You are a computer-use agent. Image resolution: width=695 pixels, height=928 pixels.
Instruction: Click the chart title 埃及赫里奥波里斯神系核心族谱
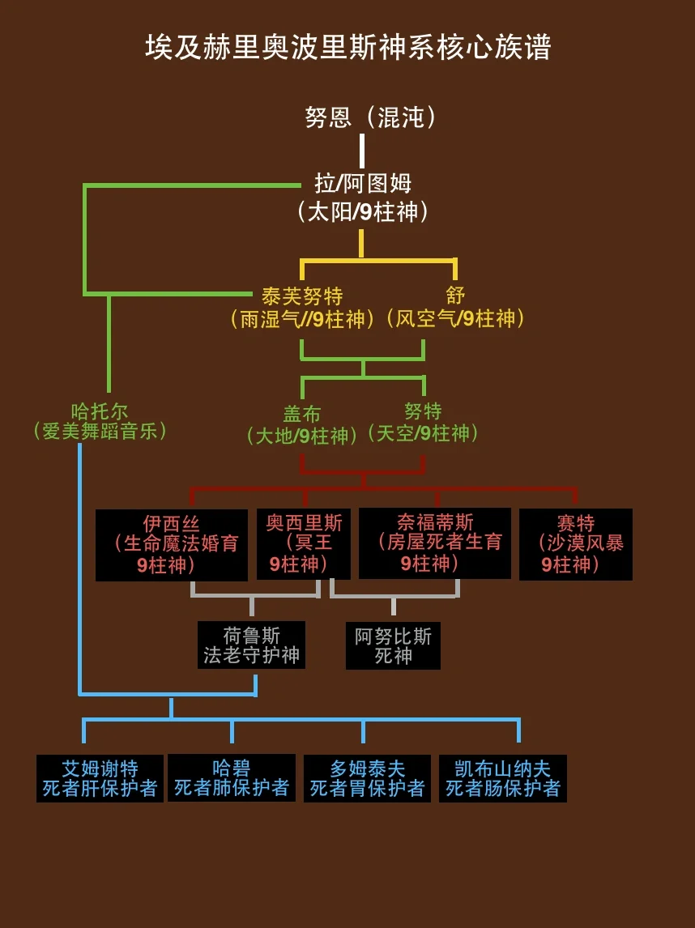(348, 47)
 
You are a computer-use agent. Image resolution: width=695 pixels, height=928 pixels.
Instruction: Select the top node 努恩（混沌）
(371, 117)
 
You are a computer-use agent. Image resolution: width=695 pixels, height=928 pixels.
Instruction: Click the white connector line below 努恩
(362, 151)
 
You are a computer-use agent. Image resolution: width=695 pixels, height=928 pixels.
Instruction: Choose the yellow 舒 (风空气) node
(455, 307)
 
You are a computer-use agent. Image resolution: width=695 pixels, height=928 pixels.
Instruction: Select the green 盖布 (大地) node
(302, 425)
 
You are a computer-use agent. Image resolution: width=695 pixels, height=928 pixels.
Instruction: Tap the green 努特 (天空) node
(423, 423)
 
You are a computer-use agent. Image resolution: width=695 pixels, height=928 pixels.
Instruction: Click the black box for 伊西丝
(172, 545)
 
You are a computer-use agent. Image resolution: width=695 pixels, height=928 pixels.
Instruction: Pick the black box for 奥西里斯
(303, 544)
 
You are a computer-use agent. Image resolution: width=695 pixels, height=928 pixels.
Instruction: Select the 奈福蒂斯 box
(435, 543)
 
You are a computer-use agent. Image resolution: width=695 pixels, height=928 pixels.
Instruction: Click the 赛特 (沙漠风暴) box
(576, 544)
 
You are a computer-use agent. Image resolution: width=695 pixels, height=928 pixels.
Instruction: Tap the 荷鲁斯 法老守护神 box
(252, 645)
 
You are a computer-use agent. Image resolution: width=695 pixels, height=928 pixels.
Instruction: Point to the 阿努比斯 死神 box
(393, 645)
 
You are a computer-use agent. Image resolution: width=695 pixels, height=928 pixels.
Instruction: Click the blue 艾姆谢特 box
(100, 778)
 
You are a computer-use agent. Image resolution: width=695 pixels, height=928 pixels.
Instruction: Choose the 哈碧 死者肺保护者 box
(232, 777)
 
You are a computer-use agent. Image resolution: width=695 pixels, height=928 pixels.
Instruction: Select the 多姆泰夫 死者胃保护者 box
(367, 778)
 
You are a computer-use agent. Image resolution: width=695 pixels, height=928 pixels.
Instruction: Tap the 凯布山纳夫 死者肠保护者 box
(502, 778)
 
